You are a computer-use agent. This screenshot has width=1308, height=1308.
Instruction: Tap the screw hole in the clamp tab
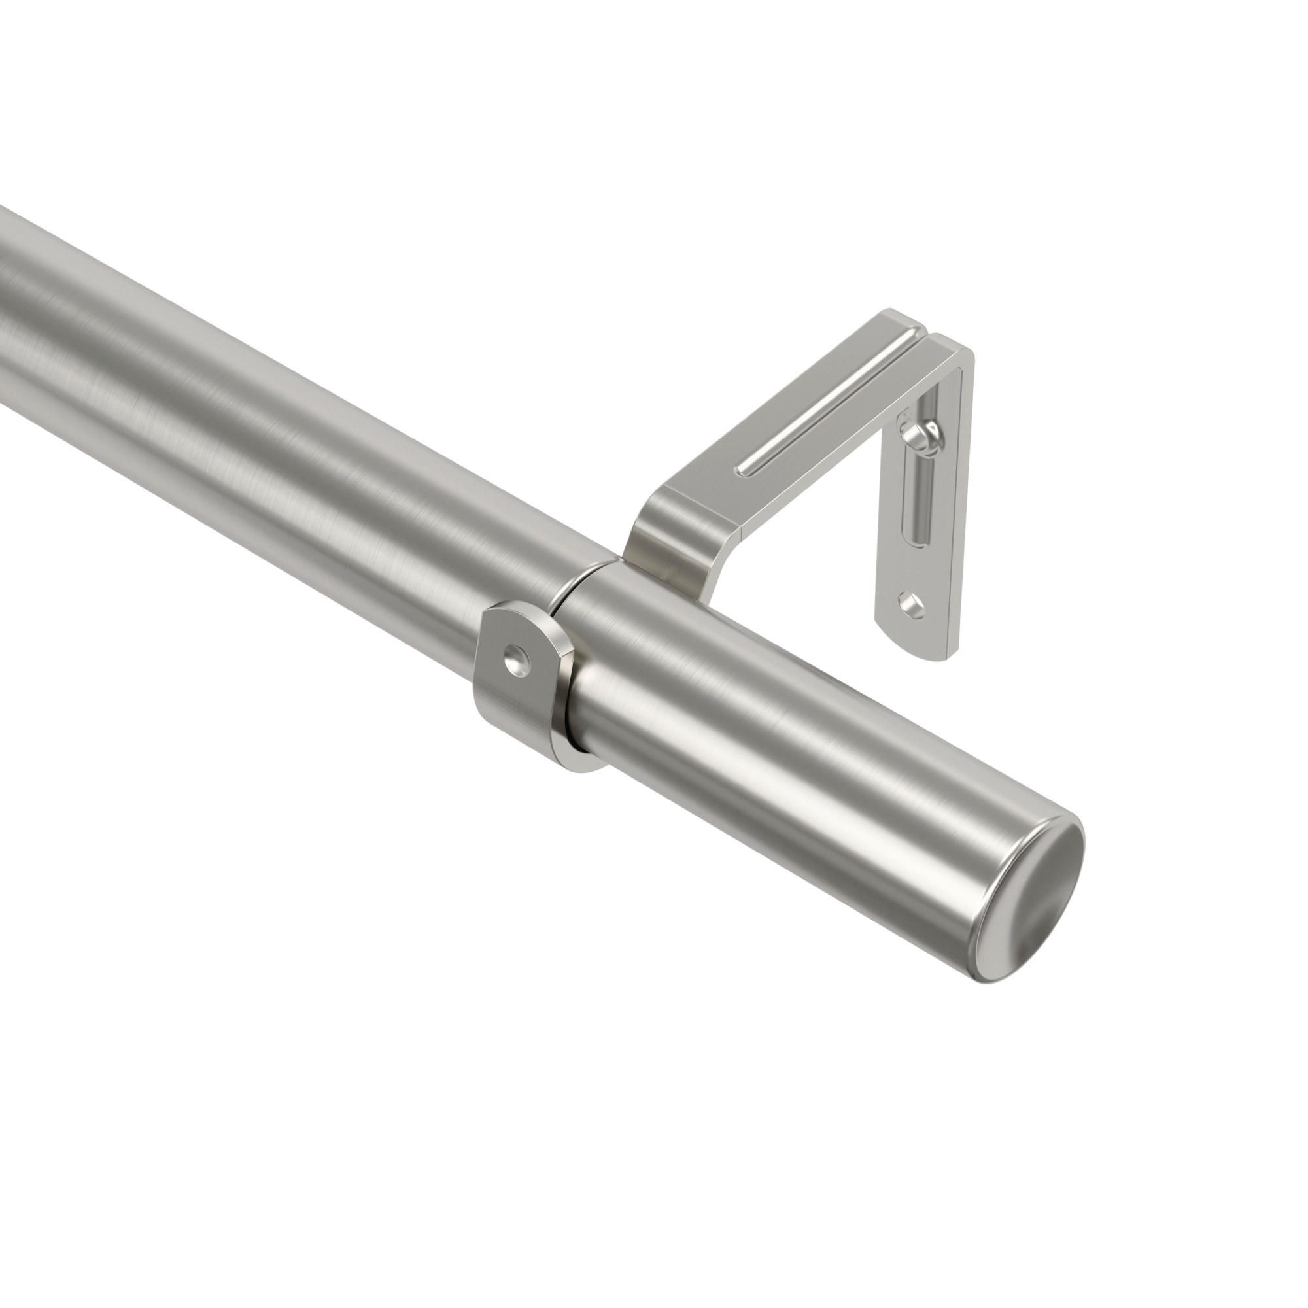pyautogui.click(x=517, y=655)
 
